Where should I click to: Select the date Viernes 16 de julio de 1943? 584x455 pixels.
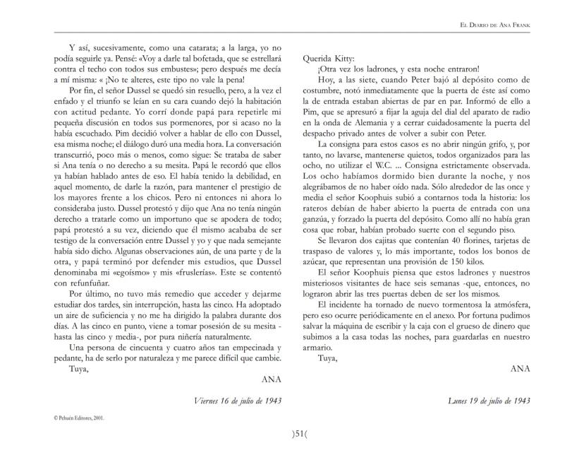pyautogui.click(x=238, y=401)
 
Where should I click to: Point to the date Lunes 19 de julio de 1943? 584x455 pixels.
pyautogui.click(x=489, y=401)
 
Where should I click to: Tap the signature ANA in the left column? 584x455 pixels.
pyautogui.click(x=272, y=379)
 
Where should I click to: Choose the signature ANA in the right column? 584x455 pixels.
pyautogui.click(x=519, y=368)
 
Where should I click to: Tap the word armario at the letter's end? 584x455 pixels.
pyautogui.click(x=317, y=357)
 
